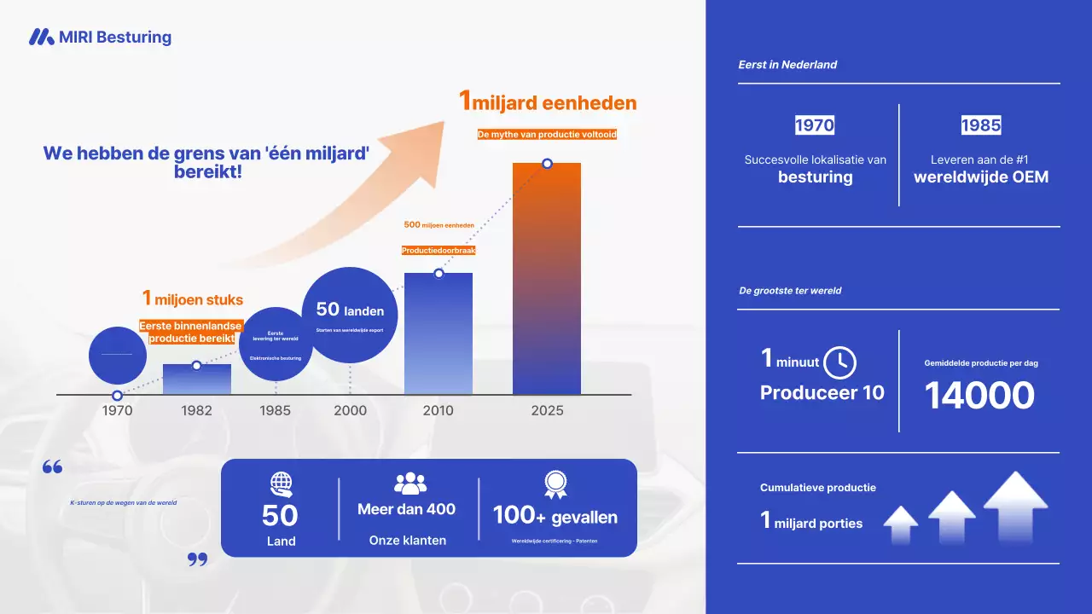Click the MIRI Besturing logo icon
(x=41, y=37)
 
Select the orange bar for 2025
(x=547, y=281)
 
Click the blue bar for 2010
(x=439, y=337)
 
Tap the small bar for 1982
(x=197, y=380)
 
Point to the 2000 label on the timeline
(x=351, y=410)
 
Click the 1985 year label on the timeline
(x=275, y=410)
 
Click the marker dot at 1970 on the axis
(x=118, y=396)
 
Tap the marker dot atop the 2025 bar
(x=547, y=164)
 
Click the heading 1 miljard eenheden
(x=548, y=102)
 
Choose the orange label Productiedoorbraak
(x=439, y=251)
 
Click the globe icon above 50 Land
(x=281, y=484)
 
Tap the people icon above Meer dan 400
(x=410, y=484)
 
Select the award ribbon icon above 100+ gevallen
(x=555, y=484)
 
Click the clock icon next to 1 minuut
(x=840, y=362)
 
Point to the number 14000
(x=979, y=396)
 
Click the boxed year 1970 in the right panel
(x=815, y=125)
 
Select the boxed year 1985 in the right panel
(x=981, y=125)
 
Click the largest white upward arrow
(x=1015, y=505)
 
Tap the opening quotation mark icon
(x=52, y=467)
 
